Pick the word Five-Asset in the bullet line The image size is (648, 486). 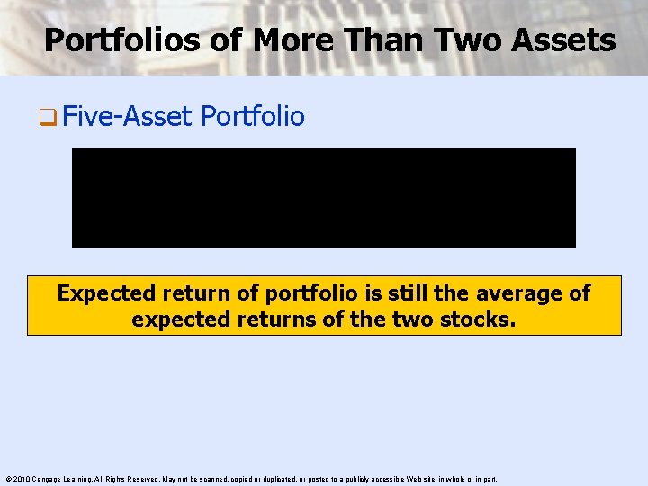tap(129, 117)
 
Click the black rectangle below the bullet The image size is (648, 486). tap(323, 198)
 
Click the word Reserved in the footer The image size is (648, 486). tap(147, 479)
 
